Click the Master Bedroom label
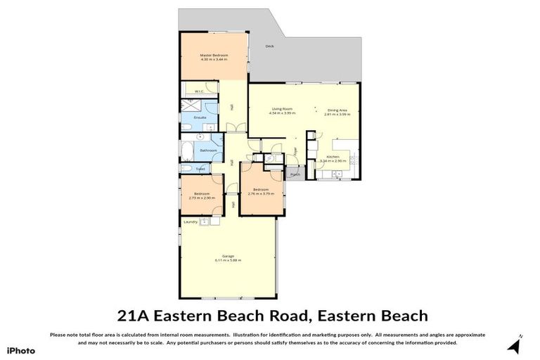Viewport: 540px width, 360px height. coord(214,54)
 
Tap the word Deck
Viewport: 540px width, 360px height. coord(269,46)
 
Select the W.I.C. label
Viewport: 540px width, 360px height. coord(199,91)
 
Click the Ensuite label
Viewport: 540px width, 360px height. coord(200,117)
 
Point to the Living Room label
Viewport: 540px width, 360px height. coord(282,109)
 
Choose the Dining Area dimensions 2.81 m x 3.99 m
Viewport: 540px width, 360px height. coord(337,114)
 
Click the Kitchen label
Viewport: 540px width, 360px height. coord(333,156)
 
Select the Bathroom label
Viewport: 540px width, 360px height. coord(207,150)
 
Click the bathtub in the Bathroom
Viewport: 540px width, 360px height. coord(187,151)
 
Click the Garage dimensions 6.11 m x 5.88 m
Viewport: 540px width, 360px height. coord(228,260)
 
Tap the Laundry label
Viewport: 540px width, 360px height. coord(190,222)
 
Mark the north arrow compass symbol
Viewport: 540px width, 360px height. coord(515,345)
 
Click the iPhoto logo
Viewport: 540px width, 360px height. coord(20,349)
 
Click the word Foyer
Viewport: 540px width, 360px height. coord(296,151)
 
